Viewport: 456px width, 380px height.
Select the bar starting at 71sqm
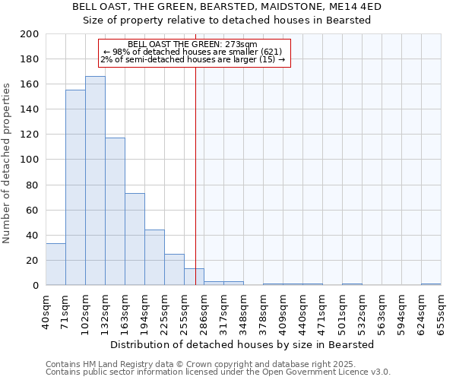click(75, 188)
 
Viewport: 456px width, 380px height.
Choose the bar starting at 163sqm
click(135, 239)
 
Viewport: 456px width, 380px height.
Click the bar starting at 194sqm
click(154, 258)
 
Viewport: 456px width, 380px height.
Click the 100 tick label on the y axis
click(30, 160)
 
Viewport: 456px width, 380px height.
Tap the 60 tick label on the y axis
click(33, 210)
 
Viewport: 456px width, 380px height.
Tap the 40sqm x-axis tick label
click(46, 310)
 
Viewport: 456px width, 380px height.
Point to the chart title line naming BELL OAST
click(226, 7)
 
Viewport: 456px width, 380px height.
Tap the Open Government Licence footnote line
click(218, 372)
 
